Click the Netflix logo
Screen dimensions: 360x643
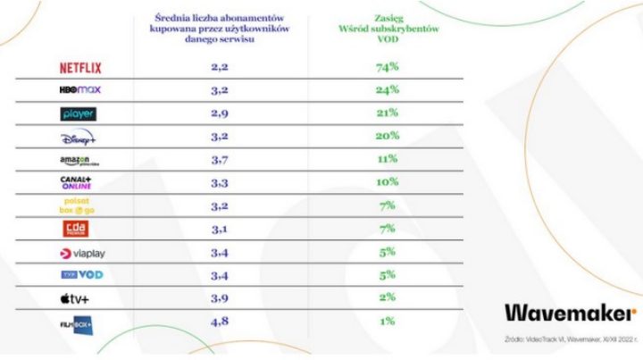(x=80, y=67)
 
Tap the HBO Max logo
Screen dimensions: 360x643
(x=80, y=90)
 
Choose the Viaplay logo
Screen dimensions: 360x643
(x=80, y=254)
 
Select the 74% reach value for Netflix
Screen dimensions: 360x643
(x=388, y=67)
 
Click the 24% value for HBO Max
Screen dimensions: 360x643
(x=388, y=90)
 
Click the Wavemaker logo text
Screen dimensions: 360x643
(x=570, y=312)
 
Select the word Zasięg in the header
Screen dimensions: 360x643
(x=388, y=17)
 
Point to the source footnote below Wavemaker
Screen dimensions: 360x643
(x=571, y=339)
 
